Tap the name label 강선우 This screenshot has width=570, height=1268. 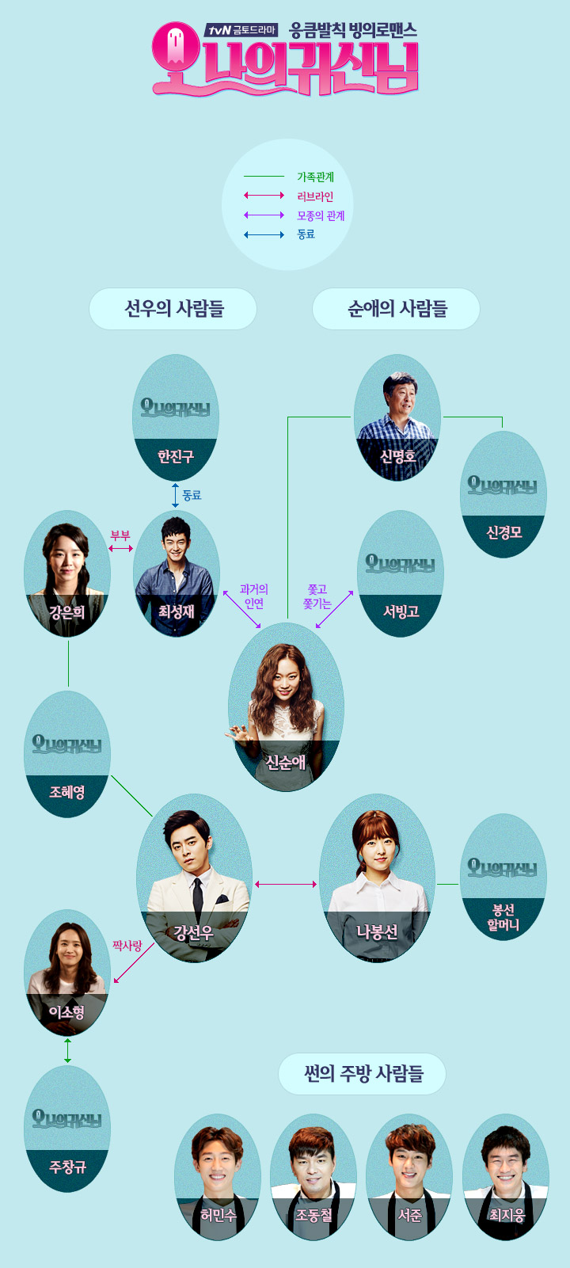[x=194, y=933]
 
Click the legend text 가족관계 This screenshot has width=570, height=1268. [x=315, y=177]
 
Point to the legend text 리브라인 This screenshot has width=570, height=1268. [x=315, y=196]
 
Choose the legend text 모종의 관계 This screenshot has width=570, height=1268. [x=321, y=215]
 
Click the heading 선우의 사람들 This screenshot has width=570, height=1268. [x=173, y=308]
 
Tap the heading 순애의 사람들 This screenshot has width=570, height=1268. [x=397, y=308]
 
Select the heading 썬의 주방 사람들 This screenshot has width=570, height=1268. [x=363, y=1074]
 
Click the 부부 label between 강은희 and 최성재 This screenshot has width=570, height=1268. [x=120, y=535]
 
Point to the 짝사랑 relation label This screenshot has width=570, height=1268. [x=127, y=946]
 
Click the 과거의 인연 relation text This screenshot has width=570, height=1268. [x=254, y=596]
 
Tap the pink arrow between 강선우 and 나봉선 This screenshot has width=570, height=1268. [x=286, y=884]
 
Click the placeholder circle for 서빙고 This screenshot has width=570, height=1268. [x=401, y=573]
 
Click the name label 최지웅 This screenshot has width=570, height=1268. [x=507, y=1215]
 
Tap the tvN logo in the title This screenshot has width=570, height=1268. [x=218, y=31]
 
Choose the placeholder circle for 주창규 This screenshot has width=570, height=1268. [x=67, y=1129]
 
